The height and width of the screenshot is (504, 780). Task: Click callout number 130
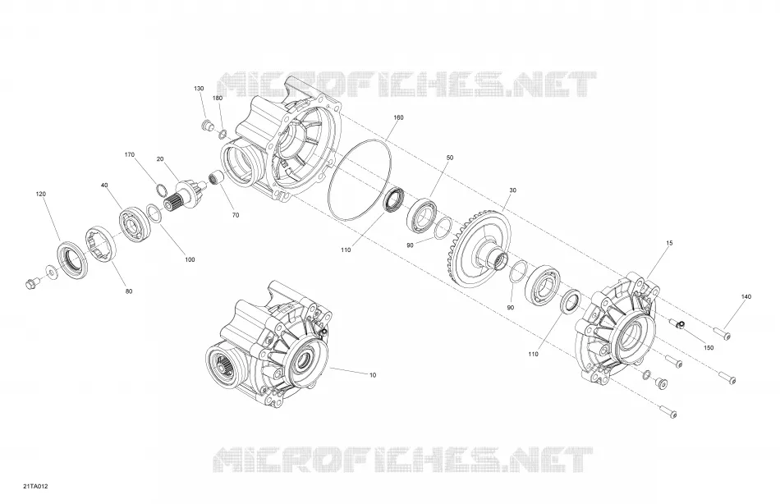(x=199, y=89)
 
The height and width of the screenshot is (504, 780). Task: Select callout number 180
(x=218, y=98)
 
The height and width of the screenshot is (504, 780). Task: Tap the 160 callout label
(x=398, y=117)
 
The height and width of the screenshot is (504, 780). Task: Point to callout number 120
(x=41, y=194)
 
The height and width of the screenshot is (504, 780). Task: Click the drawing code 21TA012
(x=34, y=486)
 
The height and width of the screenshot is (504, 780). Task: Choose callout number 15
(x=669, y=243)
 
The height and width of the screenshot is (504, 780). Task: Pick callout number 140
(x=746, y=296)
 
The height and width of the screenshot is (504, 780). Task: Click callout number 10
(x=373, y=374)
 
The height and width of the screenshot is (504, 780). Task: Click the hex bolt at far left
(x=30, y=284)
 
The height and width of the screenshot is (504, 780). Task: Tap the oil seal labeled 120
(x=73, y=258)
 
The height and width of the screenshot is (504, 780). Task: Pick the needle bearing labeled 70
(x=217, y=177)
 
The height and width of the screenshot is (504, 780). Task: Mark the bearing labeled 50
(x=423, y=215)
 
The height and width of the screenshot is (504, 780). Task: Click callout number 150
(x=709, y=347)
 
